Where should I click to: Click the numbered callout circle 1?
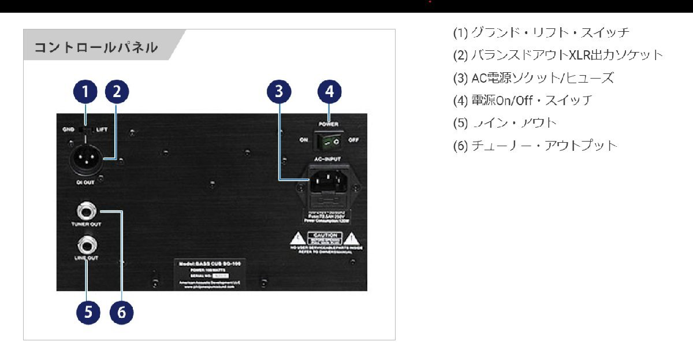85,91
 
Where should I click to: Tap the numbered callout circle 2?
117,91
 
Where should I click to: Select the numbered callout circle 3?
280,91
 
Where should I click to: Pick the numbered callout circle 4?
329,91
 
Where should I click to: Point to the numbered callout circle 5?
88,312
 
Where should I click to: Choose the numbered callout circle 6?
121,312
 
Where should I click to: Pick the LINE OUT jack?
86,245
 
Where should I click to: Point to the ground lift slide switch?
85,130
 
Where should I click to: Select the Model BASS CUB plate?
210,272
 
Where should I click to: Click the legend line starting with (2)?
558,55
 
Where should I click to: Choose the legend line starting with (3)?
533,78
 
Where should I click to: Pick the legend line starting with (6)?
535,146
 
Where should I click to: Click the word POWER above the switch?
329,124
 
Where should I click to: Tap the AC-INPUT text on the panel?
329,158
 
